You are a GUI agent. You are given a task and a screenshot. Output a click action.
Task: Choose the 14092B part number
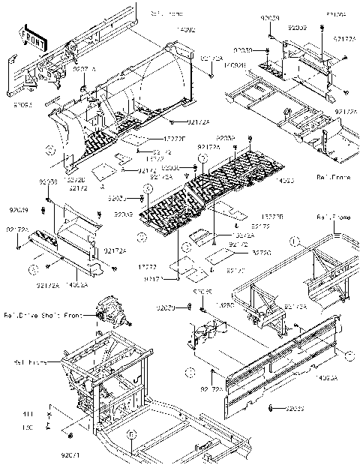(x=231, y=65)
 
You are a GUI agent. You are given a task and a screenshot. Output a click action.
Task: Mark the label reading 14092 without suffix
(x=185, y=30)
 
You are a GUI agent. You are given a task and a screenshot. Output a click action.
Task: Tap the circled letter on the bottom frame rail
(x=130, y=433)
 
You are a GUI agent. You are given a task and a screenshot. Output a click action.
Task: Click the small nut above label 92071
(x=70, y=436)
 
